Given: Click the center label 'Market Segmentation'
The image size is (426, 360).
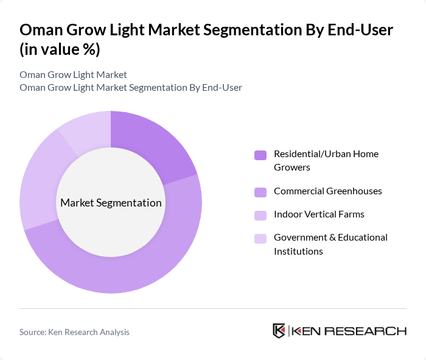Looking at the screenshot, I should point(111,203).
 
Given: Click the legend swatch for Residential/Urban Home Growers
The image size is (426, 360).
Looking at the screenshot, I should point(260,155).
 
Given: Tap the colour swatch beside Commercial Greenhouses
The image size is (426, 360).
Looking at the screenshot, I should point(260,192).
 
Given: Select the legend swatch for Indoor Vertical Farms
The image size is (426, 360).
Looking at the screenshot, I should point(260,215).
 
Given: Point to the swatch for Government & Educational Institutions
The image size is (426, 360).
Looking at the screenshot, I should point(260,238).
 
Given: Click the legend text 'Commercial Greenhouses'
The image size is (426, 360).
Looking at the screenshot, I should point(327,191).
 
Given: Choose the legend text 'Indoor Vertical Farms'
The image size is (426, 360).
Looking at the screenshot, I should point(319,214).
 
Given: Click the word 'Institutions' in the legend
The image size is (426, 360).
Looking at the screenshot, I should point(298,251).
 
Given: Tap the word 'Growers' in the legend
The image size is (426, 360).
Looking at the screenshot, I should point(292,168).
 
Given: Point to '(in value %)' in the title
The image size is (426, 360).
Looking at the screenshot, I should point(60,49).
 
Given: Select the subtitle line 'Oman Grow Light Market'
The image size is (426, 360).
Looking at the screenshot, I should point(73,74).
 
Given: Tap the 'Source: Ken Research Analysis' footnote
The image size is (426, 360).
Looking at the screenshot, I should point(74,332).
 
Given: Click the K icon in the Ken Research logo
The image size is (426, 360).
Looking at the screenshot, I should point(279,331).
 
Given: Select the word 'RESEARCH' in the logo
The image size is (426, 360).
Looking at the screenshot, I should point(371,331).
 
